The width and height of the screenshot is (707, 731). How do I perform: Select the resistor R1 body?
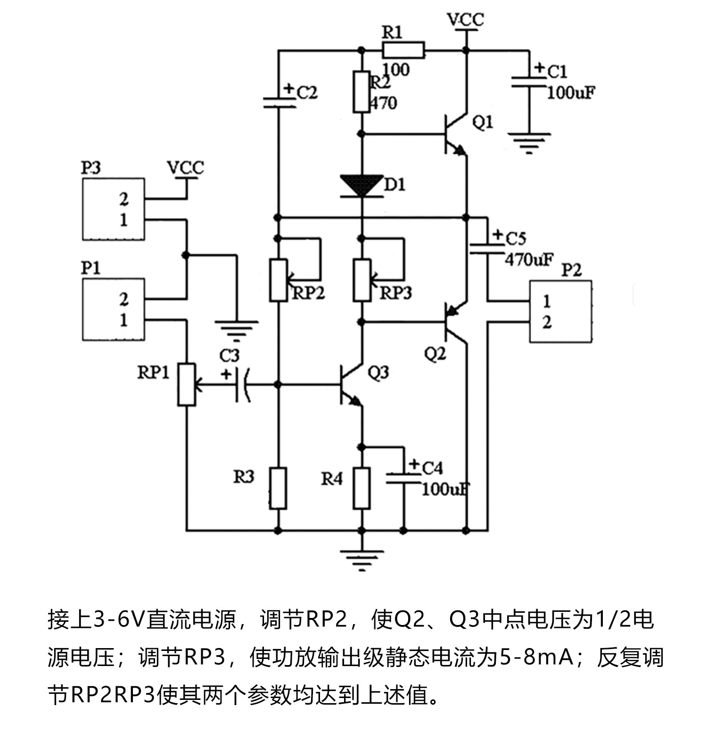403,49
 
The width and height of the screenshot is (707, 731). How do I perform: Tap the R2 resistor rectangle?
362,92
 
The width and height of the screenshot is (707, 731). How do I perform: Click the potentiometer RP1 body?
187,384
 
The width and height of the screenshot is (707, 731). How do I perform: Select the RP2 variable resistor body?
278,280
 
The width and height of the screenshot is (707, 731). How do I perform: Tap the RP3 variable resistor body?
362,280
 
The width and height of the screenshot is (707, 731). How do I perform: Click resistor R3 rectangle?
278,488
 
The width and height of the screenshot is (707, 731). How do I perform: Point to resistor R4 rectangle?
362,488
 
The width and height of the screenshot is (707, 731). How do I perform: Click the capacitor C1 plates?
529,81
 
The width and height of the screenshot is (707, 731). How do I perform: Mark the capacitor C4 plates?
403,479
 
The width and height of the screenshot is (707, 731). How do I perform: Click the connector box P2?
560,311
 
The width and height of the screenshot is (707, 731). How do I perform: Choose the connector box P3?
114,209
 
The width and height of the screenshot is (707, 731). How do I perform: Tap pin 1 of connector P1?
123,320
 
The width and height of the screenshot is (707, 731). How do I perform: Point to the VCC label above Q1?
465,20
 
